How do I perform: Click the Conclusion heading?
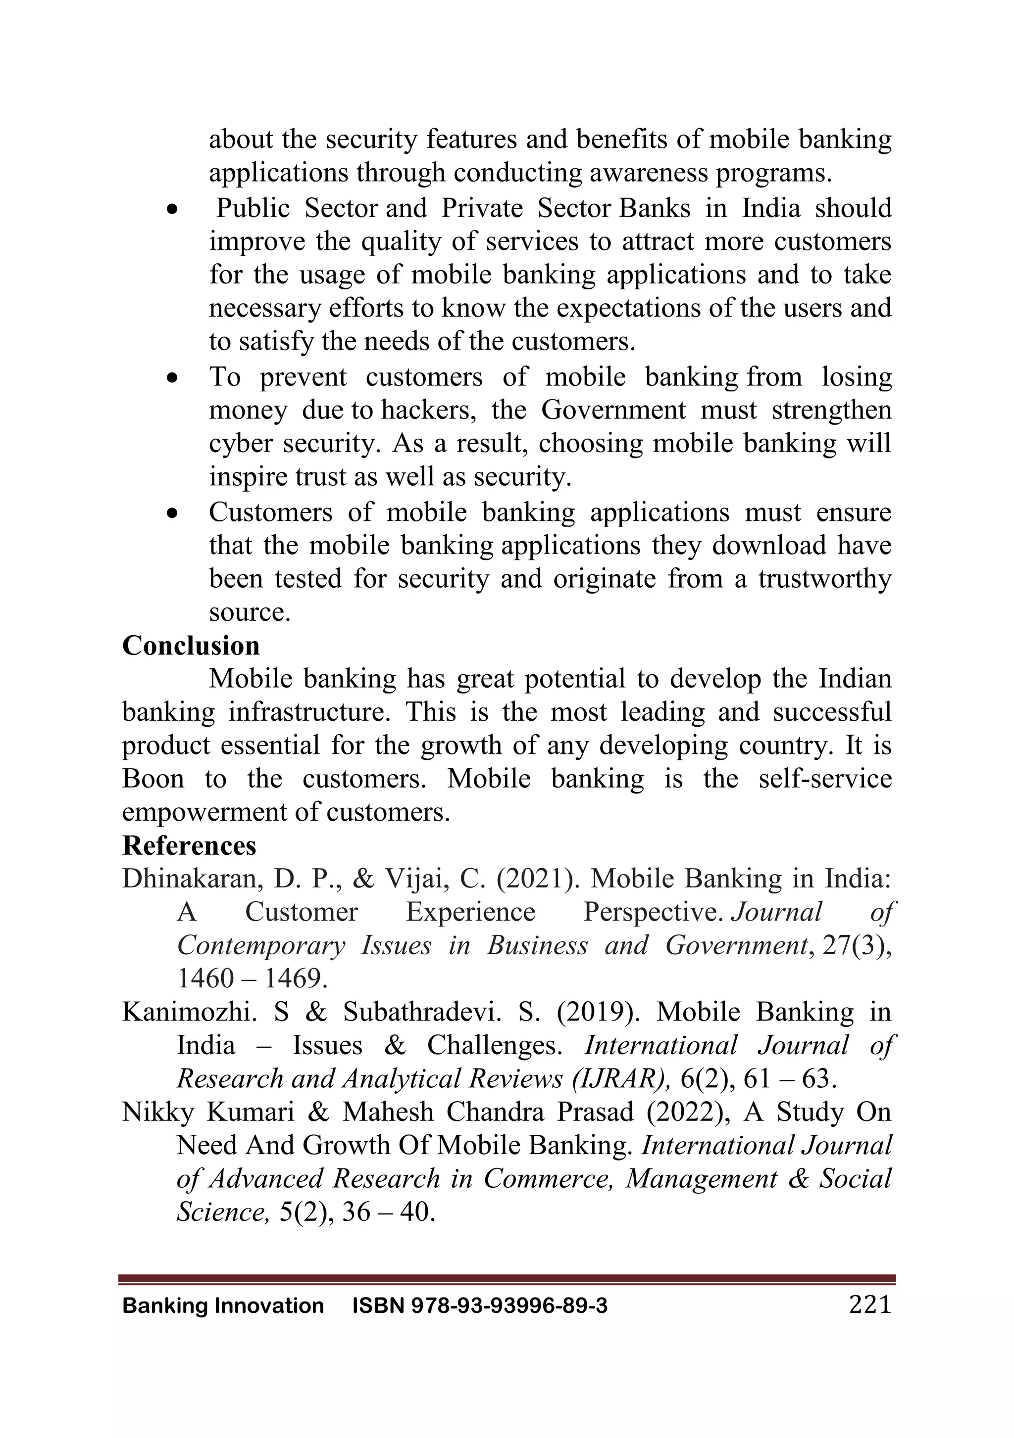click(191, 646)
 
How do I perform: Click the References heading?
click(189, 845)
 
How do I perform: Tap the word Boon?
click(153, 779)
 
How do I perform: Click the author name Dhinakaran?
click(189, 879)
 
